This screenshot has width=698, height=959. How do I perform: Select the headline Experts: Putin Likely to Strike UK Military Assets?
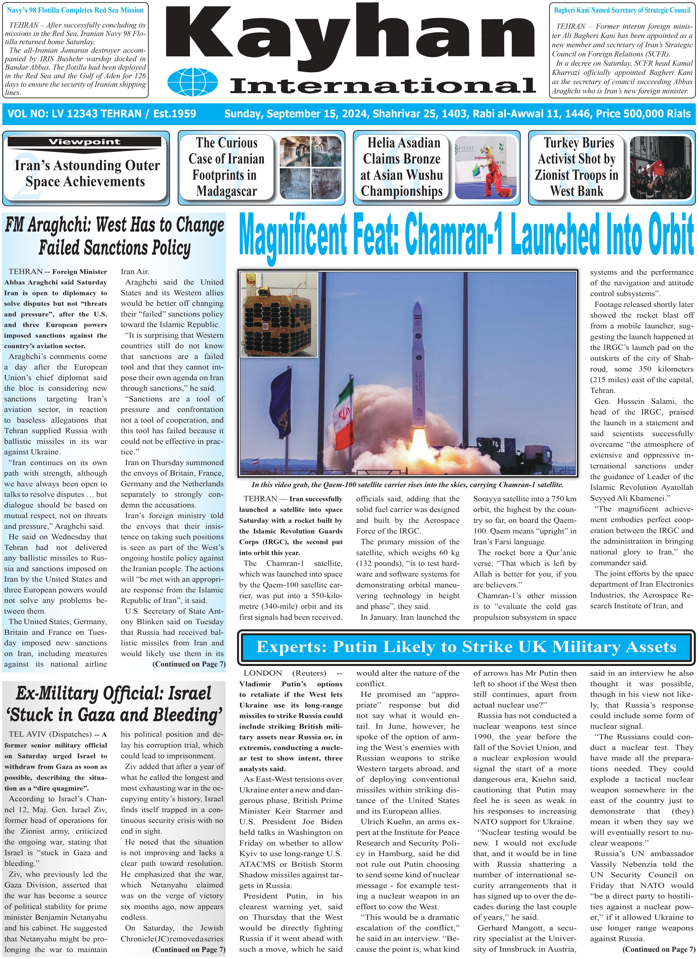click(466, 647)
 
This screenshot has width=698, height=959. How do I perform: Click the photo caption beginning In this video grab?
click(407, 485)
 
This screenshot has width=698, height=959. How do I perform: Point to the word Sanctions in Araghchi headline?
click(114, 248)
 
